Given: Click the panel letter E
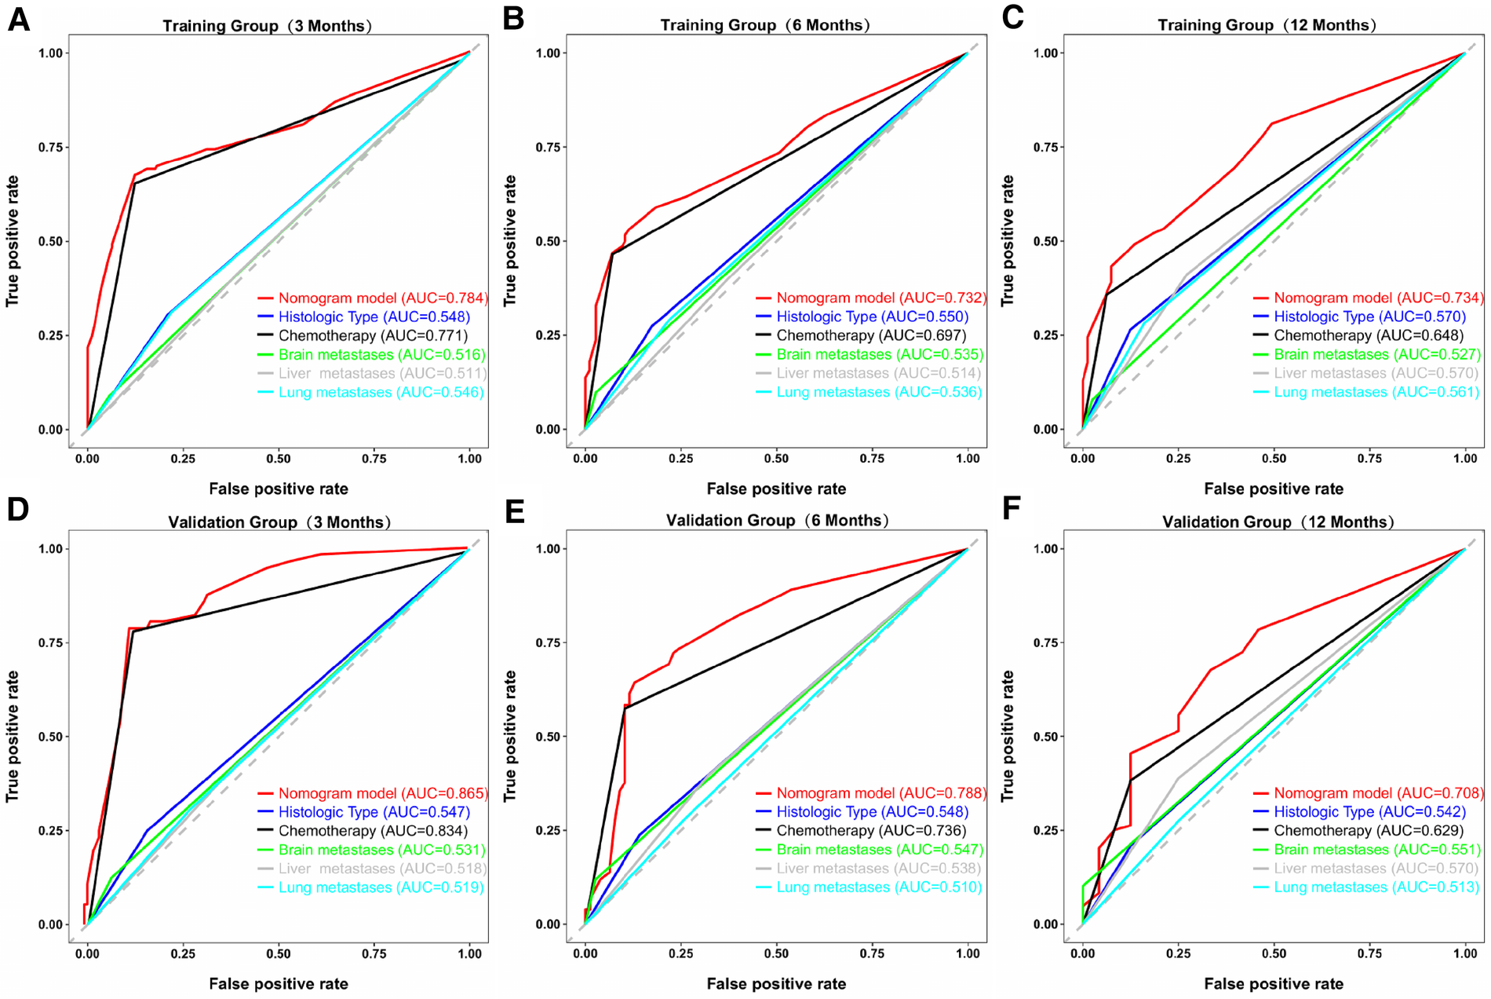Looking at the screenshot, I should tap(515, 511).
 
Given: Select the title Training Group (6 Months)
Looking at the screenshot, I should tap(764, 25).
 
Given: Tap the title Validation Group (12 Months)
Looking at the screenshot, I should tap(1278, 521).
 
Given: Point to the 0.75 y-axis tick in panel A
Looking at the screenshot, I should tap(50, 148).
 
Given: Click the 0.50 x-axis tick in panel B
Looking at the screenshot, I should tap(776, 459).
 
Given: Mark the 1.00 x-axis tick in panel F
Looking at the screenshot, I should tap(1465, 953).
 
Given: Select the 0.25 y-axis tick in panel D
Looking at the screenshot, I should tap(50, 831).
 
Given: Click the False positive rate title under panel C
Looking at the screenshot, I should tap(1274, 489).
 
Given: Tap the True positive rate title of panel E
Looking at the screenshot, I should tap(511, 736).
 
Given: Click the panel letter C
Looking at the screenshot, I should tap(1012, 17).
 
